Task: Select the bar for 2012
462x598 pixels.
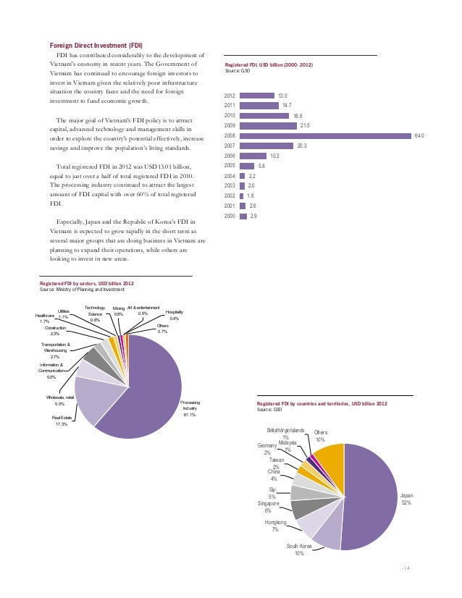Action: (x=257, y=96)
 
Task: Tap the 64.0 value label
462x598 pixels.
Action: (x=419, y=135)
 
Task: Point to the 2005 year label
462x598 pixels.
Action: (x=230, y=166)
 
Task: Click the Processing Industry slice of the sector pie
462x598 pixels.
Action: (x=148, y=391)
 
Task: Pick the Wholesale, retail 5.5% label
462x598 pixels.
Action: (x=60, y=400)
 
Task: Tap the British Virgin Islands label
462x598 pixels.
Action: (x=286, y=430)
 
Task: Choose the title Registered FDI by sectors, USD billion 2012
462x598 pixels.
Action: (x=86, y=283)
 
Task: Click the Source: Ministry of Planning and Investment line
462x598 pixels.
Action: (x=82, y=290)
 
